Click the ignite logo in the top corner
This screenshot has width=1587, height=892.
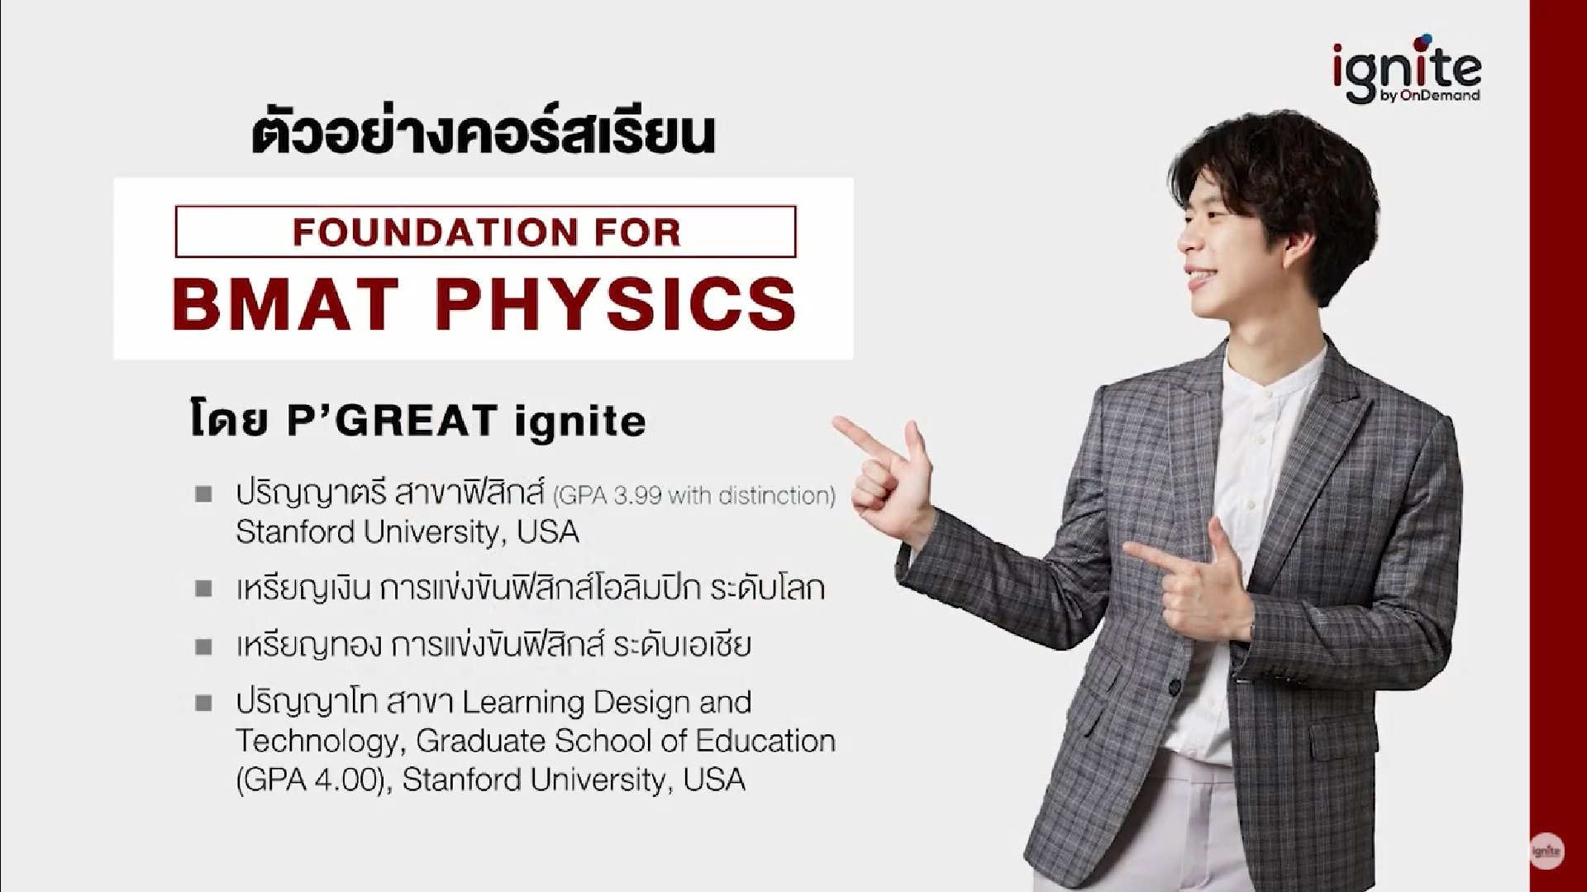click(x=1407, y=69)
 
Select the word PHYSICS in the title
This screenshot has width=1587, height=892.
click(x=616, y=303)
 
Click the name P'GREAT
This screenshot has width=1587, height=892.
click(x=391, y=421)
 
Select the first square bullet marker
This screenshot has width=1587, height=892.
click(x=203, y=494)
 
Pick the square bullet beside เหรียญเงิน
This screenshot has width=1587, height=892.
click(x=203, y=589)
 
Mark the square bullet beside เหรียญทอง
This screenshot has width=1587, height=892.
click(x=203, y=646)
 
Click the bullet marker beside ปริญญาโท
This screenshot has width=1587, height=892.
click(x=203, y=704)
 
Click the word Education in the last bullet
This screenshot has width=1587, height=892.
click(x=765, y=741)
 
